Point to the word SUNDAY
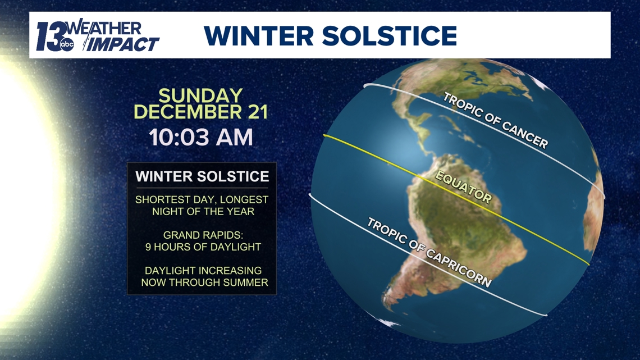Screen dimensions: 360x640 (200, 95)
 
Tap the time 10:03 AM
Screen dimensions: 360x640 (201, 138)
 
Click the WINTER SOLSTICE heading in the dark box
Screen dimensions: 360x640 (202, 176)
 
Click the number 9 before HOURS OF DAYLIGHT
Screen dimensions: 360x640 (148, 247)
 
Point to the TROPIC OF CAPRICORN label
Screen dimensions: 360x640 (429, 252)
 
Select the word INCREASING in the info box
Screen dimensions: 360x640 (229, 271)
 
